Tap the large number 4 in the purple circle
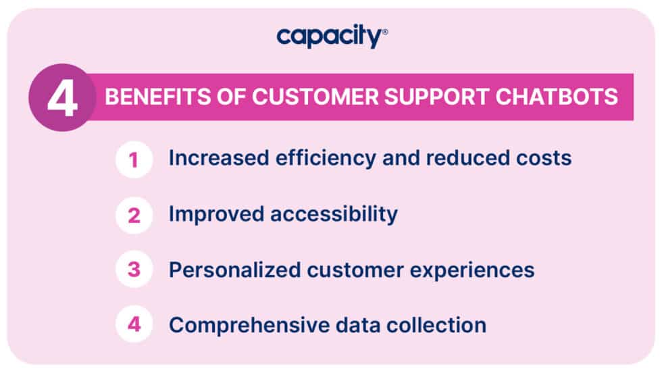(x=61, y=98)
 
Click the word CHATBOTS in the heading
(x=567, y=97)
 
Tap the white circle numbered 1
(x=134, y=159)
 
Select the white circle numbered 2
(x=134, y=215)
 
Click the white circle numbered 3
(x=134, y=270)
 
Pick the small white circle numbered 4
(x=134, y=324)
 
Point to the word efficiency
(x=316, y=159)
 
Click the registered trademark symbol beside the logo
(x=385, y=31)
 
